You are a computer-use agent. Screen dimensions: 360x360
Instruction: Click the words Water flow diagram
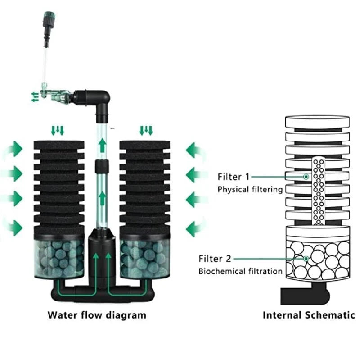point(97,315)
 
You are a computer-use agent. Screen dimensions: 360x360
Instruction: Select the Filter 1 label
point(233,177)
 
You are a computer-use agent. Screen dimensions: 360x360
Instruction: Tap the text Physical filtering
point(250,189)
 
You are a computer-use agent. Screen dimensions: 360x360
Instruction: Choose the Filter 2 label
point(215,259)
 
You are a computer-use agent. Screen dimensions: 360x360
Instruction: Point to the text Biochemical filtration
point(241,271)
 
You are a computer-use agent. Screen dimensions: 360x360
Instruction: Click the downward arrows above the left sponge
point(57,131)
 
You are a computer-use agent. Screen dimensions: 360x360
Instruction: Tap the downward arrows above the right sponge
point(146,131)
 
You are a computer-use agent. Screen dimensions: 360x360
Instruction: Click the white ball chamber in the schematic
point(318,259)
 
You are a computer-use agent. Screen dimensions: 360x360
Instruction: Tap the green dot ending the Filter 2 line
point(306,259)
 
